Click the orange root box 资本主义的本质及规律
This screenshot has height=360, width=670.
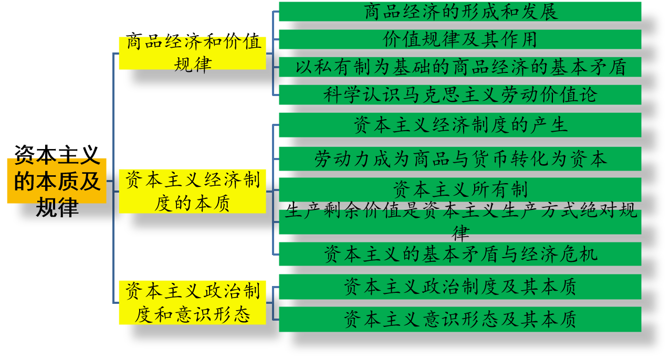(57, 181)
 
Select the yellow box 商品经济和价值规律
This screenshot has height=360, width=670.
(192, 53)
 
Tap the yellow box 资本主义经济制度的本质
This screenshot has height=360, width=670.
(192, 191)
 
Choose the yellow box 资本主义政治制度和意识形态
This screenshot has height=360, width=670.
(192, 302)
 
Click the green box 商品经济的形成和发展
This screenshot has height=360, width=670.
(460, 12)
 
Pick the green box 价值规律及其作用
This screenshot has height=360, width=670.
(460, 39)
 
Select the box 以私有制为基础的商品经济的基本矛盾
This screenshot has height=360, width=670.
(460, 67)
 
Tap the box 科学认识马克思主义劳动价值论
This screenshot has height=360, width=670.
(460, 95)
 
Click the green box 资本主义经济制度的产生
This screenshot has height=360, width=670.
(460, 125)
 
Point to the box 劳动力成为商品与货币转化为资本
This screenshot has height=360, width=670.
(460, 159)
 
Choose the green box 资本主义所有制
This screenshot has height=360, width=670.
(460, 189)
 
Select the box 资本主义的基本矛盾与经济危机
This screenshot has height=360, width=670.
(460, 254)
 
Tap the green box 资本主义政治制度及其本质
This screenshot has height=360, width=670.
(460, 287)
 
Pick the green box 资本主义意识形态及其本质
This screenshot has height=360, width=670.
(460, 319)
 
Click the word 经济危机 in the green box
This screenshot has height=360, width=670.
(559, 254)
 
